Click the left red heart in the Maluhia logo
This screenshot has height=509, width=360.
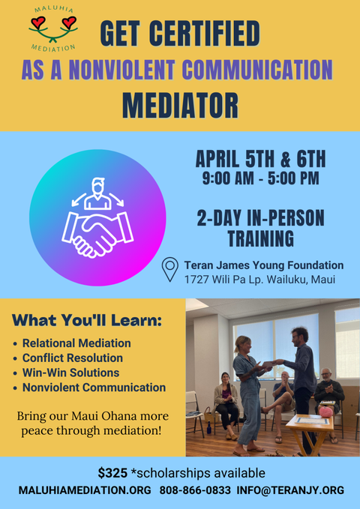(x=38, y=22)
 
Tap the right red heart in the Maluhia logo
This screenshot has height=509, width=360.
(x=69, y=22)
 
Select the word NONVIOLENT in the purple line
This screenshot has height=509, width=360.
(x=121, y=70)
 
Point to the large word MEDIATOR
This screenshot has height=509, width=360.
(x=180, y=106)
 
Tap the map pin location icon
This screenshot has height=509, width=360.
(x=170, y=269)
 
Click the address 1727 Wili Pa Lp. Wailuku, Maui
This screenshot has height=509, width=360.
(x=259, y=280)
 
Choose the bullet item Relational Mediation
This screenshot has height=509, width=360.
(x=76, y=343)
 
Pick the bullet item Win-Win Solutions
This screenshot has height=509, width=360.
(x=70, y=373)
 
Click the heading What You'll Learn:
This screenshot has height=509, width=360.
(x=87, y=320)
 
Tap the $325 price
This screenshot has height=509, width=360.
(x=112, y=473)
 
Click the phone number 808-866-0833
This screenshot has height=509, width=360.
(x=195, y=490)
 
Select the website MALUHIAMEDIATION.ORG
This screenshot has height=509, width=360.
(x=85, y=490)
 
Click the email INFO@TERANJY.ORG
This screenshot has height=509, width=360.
(x=290, y=490)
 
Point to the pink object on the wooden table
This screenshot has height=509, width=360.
(x=326, y=412)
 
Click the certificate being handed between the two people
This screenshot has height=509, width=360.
(x=268, y=364)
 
